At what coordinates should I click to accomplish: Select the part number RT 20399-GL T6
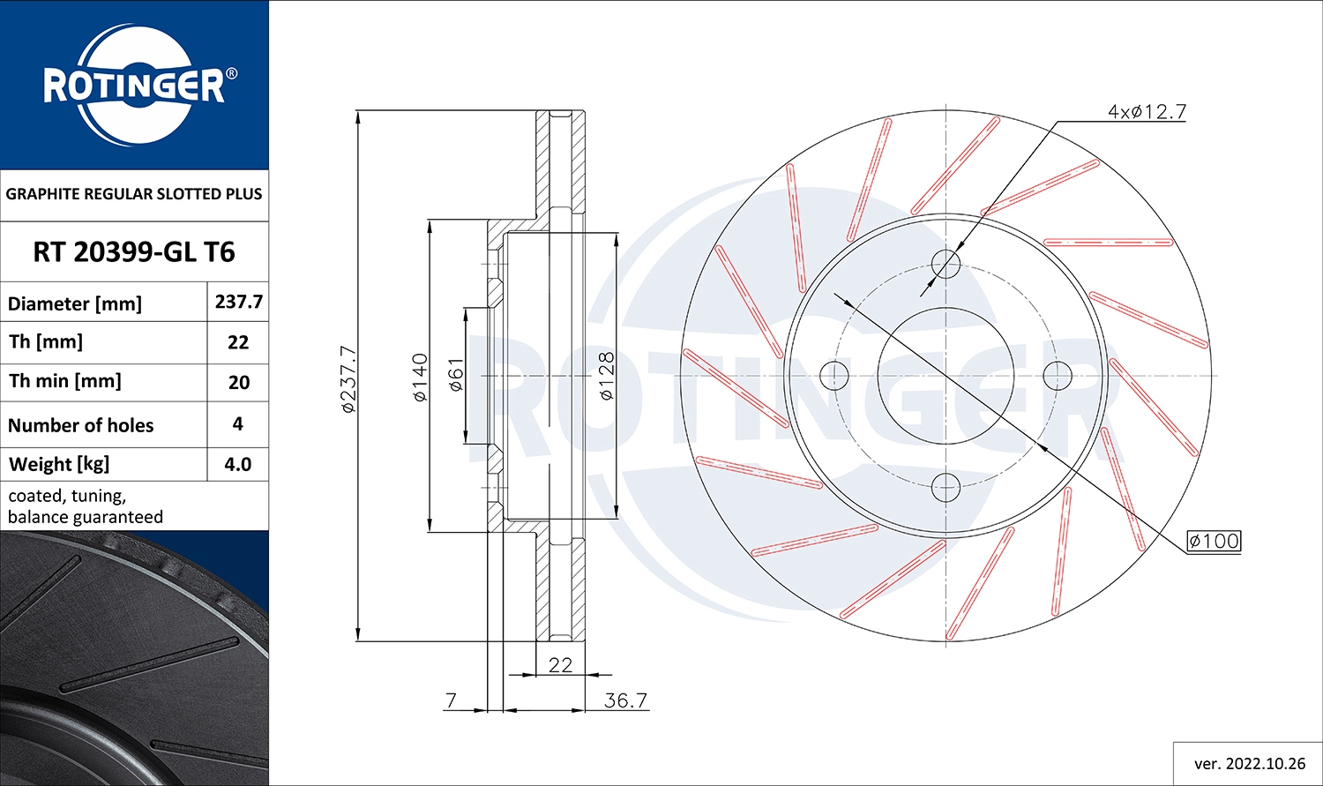134,252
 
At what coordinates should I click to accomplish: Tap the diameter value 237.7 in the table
238,302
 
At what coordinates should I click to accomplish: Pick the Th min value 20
238,382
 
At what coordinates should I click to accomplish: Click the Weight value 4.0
237,464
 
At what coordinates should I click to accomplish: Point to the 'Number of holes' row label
81,425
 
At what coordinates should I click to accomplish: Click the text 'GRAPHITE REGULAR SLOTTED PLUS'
134,194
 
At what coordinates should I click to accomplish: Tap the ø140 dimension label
420,378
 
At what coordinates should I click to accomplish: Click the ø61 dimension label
455,375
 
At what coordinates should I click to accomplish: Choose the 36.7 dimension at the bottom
625,700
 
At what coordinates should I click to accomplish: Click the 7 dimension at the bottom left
452,700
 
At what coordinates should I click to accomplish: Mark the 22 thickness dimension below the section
560,665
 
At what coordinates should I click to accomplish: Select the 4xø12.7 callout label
1147,112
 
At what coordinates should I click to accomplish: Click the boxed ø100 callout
1213,541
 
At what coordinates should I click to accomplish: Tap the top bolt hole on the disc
946,263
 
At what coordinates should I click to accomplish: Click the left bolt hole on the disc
833,375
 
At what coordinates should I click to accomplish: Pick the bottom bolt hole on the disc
946,486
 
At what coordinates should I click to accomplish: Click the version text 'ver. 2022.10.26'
1249,763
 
